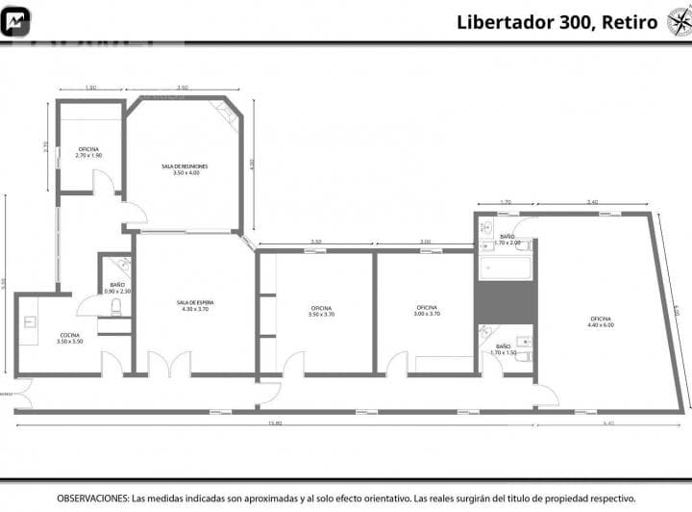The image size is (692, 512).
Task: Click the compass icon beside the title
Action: pyautogui.click(x=679, y=21)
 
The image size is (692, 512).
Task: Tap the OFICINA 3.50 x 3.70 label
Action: pyautogui.click(x=321, y=311)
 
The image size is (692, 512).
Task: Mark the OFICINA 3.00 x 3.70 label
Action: pyautogui.click(x=427, y=311)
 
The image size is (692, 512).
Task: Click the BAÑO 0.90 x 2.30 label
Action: pyautogui.click(x=117, y=288)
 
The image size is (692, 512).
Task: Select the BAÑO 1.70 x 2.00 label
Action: pyautogui.click(x=507, y=240)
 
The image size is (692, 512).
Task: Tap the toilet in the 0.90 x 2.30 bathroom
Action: pyautogui.click(x=116, y=306)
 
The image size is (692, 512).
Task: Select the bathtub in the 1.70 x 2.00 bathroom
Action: pyautogui.click(x=506, y=267)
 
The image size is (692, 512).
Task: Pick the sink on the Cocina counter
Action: pyautogui.click(x=30, y=322)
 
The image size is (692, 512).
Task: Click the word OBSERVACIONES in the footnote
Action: pyautogui.click(x=92, y=499)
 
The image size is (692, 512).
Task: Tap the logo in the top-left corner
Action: pyautogui.click(x=16, y=21)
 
